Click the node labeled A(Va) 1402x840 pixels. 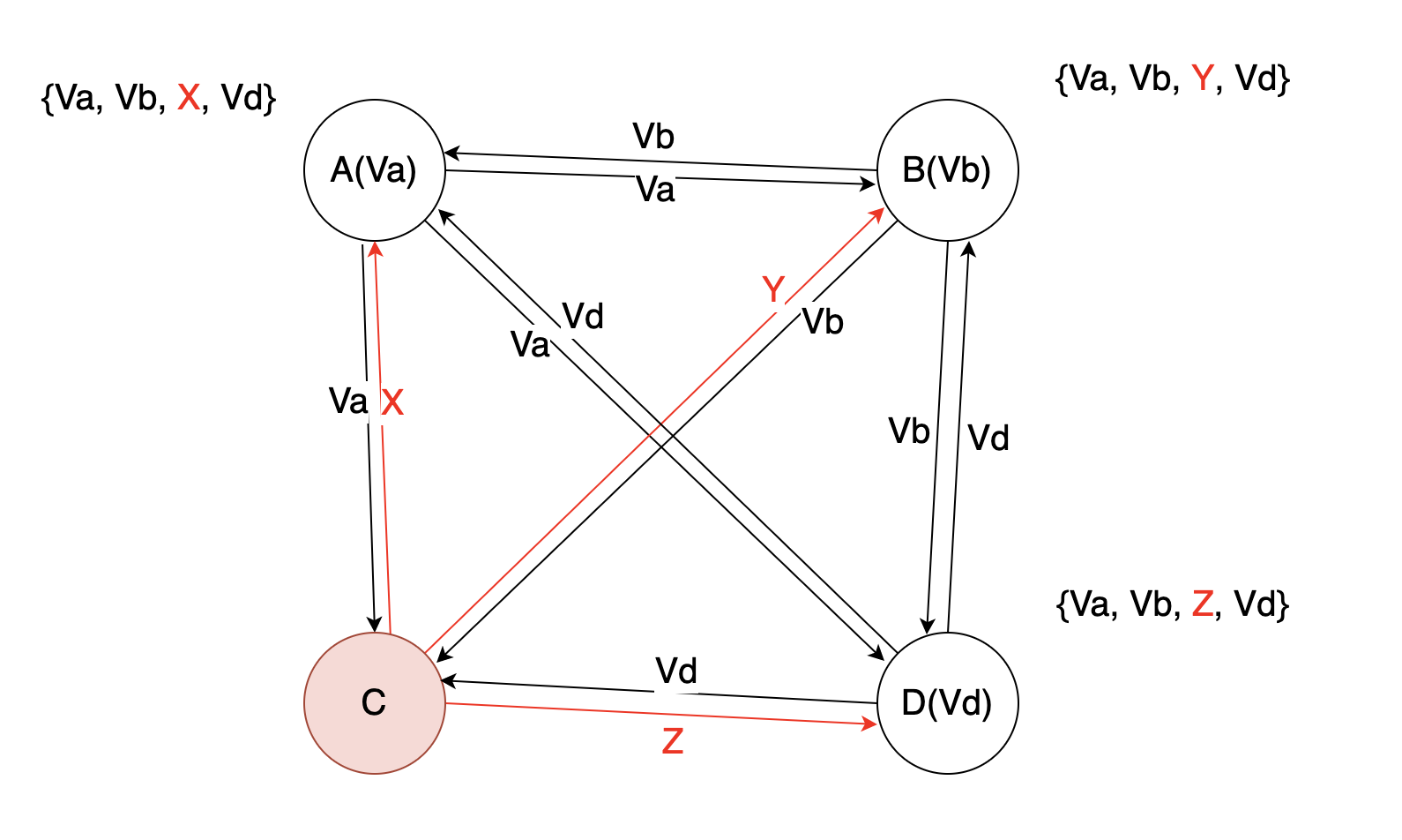[x=374, y=169]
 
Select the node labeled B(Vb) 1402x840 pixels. [x=947, y=169]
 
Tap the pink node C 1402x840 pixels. [x=374, y=702]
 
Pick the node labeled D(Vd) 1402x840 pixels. [x=947, y=702]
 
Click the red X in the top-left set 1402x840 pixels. [x=189, y=97]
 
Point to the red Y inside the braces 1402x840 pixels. [x=1202, y=79]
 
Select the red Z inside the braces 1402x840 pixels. [x=1202, y=604]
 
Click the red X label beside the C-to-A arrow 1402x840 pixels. [x=392, y=403]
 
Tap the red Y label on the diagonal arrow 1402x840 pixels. [x=773, y=289]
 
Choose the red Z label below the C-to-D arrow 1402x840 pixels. [x=673, y=741]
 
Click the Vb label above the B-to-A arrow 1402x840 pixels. [x=653, y=137]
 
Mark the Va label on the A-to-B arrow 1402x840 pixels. [x=655, y=190]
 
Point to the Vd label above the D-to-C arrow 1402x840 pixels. [x=676, y=671]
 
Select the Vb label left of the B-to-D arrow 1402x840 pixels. [x=909, y=431]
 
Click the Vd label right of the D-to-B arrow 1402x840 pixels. [x=988, y=439]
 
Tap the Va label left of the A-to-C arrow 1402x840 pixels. [x=348, y=401]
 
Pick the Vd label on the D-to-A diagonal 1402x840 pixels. [x=583, y=317]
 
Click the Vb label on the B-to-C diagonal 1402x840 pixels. [x=823, y=322]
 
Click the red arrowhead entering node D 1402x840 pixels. [x=870, y=724]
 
